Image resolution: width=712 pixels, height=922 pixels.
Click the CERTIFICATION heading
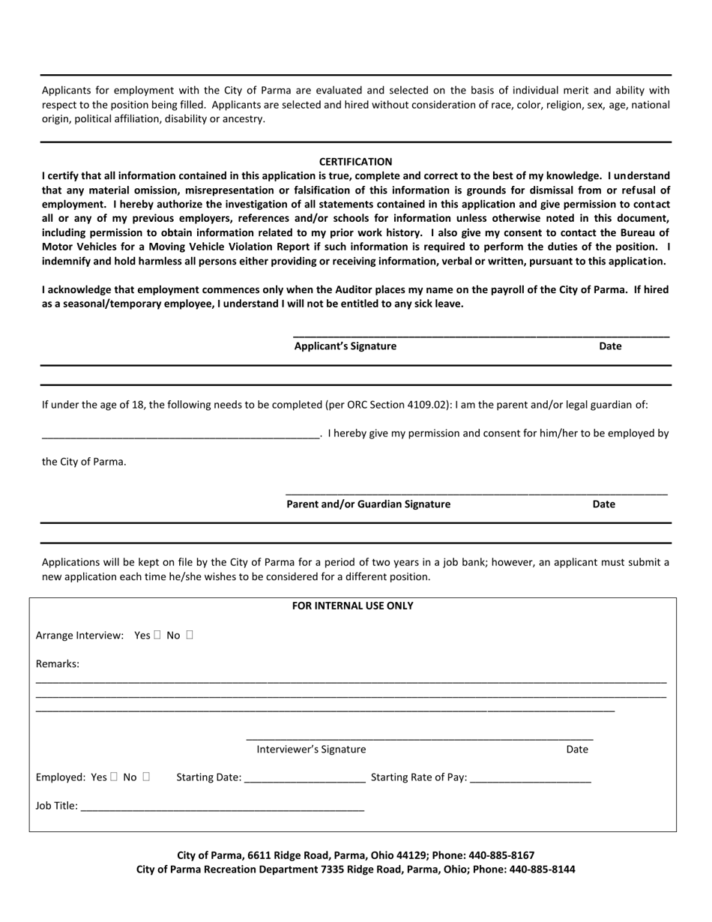tap(355, 161)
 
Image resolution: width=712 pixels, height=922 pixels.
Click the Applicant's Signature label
tap(345, 346)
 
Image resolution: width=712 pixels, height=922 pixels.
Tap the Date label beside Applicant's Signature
tap(609, 346)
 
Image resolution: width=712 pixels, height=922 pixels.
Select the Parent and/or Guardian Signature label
tap(368, 504)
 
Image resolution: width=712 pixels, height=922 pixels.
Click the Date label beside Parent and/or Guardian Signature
tap(603, 504)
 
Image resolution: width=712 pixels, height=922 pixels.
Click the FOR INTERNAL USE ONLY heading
tap(352, 606)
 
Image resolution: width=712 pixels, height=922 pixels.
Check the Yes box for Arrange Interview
tap(157, 635)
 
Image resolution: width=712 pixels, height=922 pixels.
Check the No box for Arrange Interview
tap(190, 635)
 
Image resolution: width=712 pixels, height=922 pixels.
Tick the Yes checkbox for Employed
tap(114, 777)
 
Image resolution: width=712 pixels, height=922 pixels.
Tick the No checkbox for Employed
tap(146, 777)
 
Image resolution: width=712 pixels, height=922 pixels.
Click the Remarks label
tap(58, 663)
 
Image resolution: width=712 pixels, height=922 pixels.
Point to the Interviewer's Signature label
tap(311, 750)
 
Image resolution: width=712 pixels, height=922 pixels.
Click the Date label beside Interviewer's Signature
tap(576, 750)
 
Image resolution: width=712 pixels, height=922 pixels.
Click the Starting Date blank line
tap(305, 780)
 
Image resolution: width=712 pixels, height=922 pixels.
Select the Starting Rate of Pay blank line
tap(531, 780)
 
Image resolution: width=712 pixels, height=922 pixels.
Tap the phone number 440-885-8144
tap(542, 870)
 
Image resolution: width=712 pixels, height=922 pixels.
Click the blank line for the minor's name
tap(180, 435)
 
